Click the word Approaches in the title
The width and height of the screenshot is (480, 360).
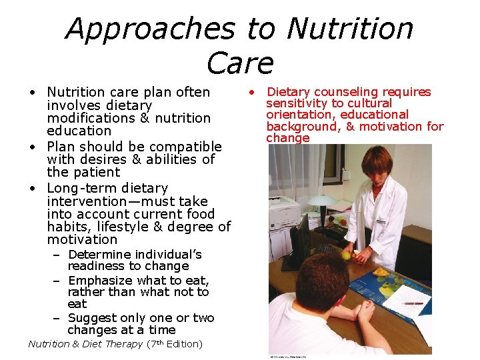(x=149, y=29)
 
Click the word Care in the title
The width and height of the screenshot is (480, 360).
(x=240, y=63)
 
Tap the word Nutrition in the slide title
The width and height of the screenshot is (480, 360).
(x=350, y=29)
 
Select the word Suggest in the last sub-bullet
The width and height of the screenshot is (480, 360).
(x=94, y=318)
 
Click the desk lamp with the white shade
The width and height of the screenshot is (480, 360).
(x=323, y=201)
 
